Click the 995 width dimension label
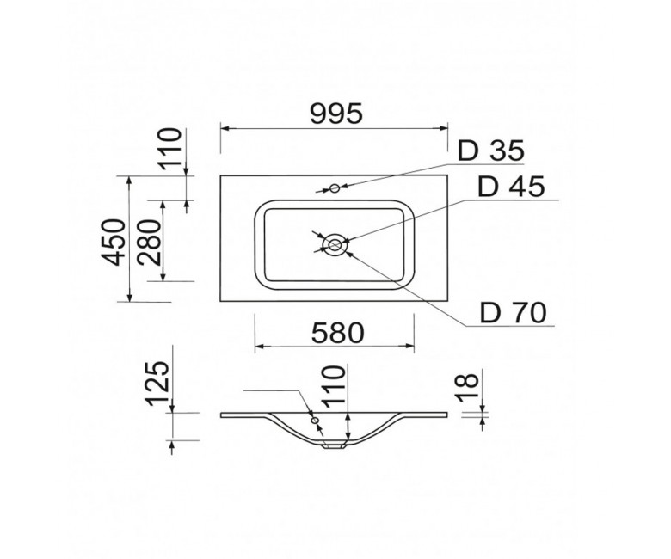tap(336, 114)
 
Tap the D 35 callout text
tap(491, 150)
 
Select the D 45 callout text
tap(511, 187)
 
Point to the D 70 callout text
tap(514, 313)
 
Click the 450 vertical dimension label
tap(114, 243)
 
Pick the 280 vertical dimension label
tap(151, 243)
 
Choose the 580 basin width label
tap(337, 333)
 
